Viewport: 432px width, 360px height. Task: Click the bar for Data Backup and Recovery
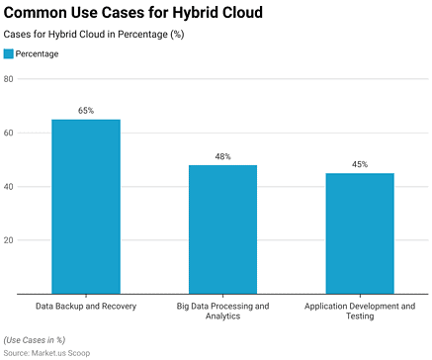86,207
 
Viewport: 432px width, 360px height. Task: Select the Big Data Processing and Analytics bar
222,229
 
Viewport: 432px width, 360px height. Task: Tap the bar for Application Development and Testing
360,233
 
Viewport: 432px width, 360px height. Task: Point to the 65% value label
86,111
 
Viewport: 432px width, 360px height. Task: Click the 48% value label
222,157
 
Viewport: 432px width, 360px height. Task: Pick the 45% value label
360,165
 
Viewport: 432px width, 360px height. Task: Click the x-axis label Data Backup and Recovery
86,307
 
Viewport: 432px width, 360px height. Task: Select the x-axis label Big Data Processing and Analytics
222,313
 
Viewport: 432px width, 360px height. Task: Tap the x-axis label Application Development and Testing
360,313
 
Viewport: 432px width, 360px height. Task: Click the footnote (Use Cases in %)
34,339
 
